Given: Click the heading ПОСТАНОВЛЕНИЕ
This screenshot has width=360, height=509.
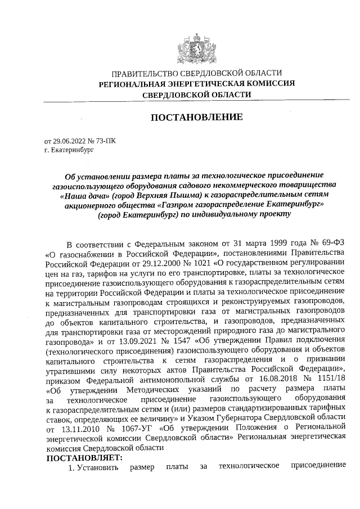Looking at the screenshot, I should click(x=196, y=118).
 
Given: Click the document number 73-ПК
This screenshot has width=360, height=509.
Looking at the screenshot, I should click(x=107, y=142).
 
